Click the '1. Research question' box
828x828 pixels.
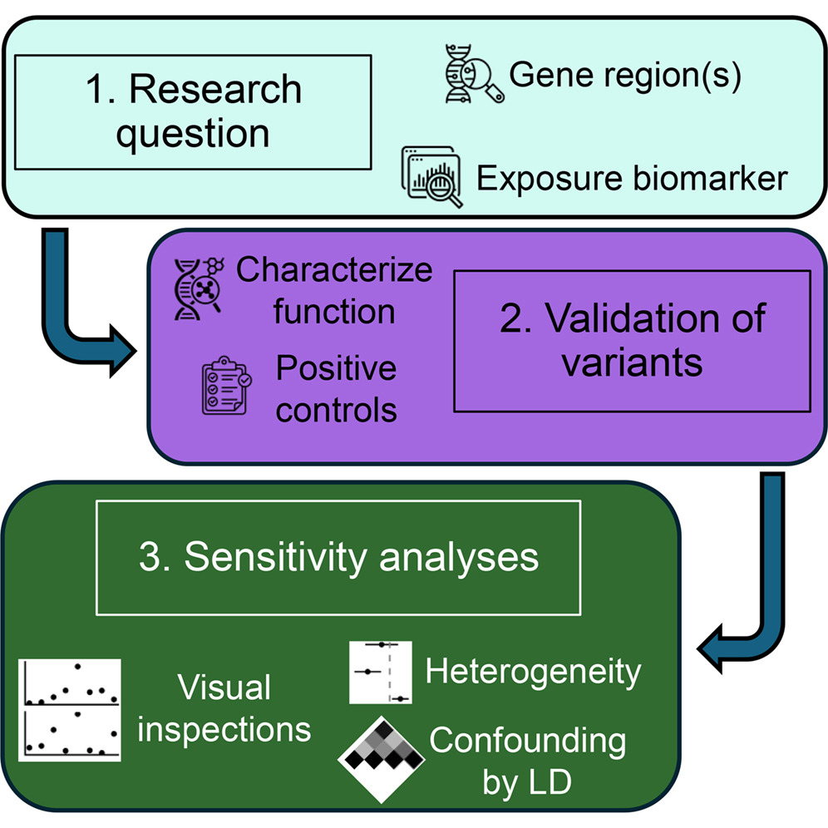(x=193, y=112)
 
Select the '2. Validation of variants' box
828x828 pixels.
(x=632, y=341)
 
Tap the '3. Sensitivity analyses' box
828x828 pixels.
(x=338, y=558)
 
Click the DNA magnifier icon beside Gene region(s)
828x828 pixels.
(x=474, y=74)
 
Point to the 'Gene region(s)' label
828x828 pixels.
(x=625, y=75)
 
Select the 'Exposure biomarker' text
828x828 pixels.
(x=632, y=179)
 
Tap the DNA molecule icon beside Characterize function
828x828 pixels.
(x=199, y=288)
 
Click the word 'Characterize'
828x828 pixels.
(x=334, y=270)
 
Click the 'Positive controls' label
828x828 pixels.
(x=337, y=389)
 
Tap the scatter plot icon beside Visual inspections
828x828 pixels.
(x=70, y=710)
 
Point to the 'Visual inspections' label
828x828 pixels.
(x=224, y=708)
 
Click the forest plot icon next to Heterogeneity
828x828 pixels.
(x=381, y=673)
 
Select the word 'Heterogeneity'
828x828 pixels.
(x=534, y=673)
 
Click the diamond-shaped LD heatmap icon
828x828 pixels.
(x=382, y=759)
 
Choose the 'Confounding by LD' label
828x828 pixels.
(x=528, y=761)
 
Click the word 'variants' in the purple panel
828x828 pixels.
(x=632, y=362)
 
